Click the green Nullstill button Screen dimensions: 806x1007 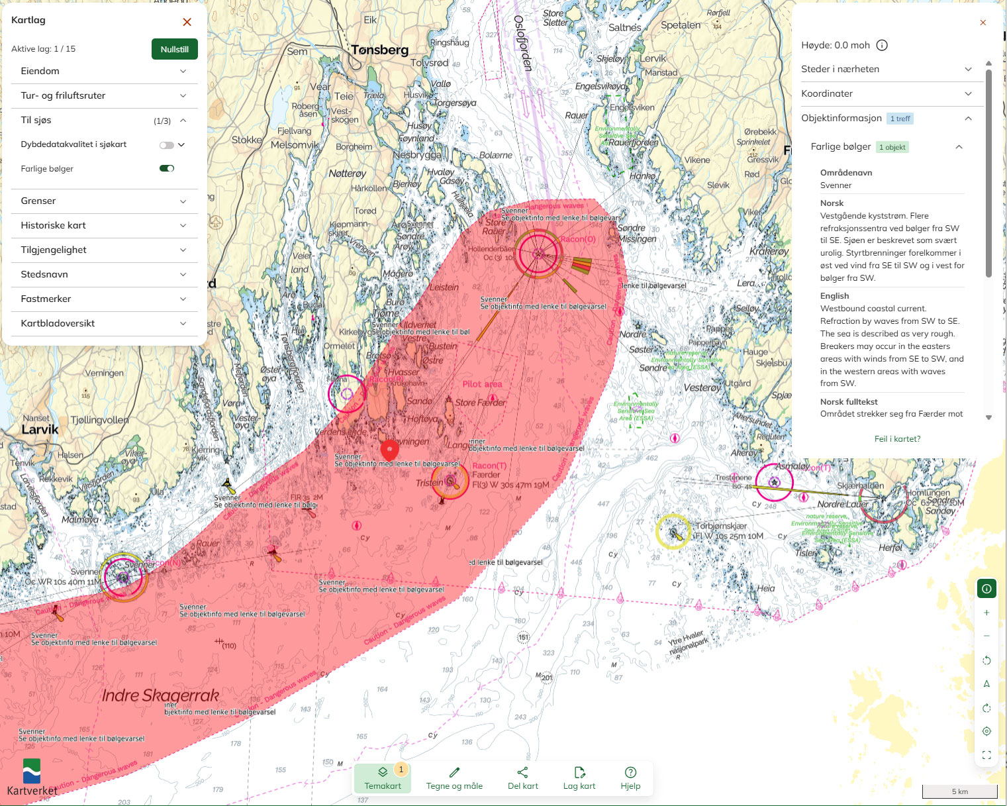174,49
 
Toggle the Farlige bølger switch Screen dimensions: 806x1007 167,168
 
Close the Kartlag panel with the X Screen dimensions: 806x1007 187,22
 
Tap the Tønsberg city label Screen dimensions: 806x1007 379,50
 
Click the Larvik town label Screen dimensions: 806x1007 40,429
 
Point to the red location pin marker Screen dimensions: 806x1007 390,449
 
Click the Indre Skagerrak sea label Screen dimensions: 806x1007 160,695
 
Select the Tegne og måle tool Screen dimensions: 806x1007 454,778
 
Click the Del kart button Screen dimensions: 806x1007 522,778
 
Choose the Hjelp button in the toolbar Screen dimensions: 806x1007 630,778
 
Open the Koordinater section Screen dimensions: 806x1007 887,93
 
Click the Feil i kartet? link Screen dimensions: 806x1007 897,438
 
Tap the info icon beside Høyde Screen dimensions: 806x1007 882,46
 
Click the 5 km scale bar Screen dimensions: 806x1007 959,791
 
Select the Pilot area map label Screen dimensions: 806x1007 482,384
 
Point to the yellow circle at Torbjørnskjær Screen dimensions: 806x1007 673,531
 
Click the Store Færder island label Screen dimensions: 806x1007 480,403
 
